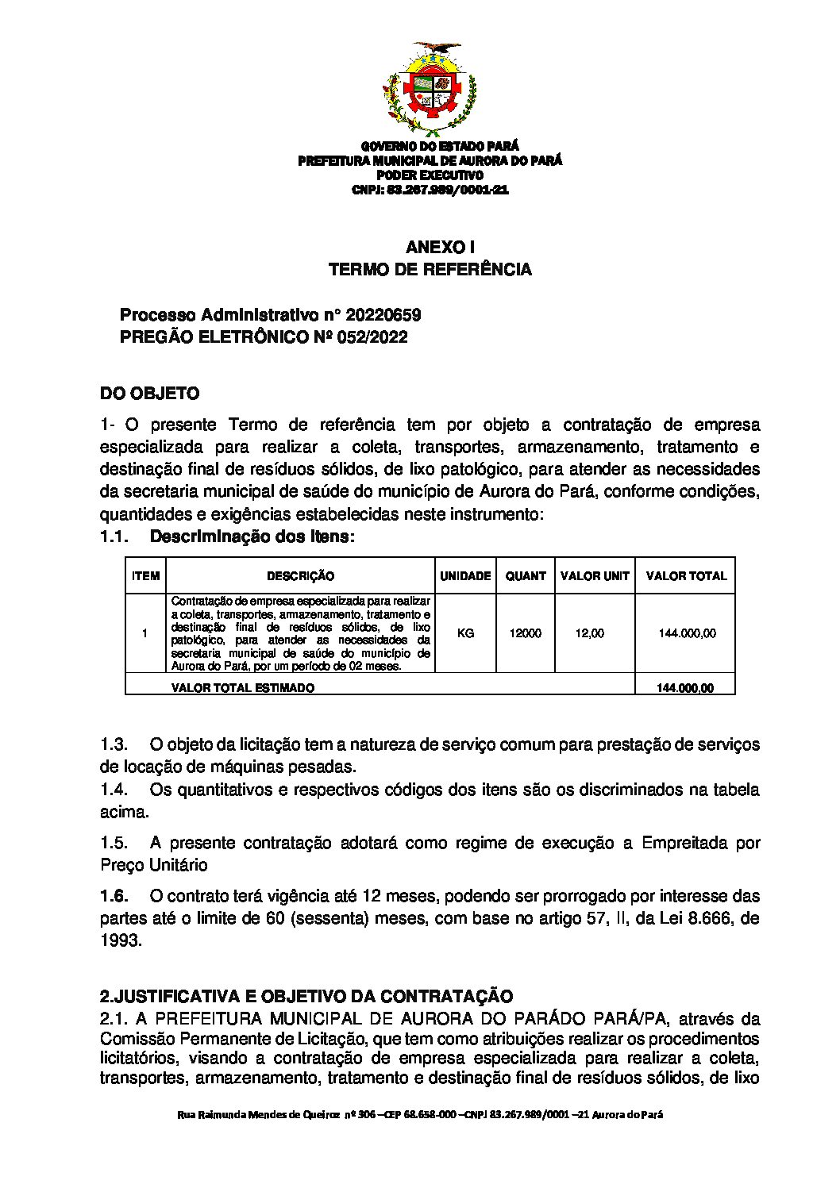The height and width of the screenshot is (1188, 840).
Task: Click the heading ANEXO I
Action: point(430,247)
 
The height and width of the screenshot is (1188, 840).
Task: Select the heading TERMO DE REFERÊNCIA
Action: point(430,270)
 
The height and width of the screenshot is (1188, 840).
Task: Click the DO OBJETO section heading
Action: point(149,394)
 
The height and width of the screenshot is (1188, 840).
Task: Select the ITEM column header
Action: point(145,576)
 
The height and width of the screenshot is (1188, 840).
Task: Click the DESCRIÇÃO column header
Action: point(300,576)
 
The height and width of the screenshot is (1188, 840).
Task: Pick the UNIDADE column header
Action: point(465,576)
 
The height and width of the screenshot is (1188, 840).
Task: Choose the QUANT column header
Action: point(526,576)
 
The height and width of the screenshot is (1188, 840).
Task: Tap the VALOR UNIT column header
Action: point(595,576)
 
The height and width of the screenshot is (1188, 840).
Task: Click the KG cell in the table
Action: point(466,633)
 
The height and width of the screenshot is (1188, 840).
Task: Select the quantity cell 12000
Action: point(526,633)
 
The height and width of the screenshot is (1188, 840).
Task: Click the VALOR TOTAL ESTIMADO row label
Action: point(242,688)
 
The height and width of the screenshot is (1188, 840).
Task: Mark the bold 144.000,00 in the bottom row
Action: point(684,688)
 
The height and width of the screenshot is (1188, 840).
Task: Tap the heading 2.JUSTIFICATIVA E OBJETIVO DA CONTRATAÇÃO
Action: point(306,997)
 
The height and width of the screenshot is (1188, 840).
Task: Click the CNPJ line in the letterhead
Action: point(430,190)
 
